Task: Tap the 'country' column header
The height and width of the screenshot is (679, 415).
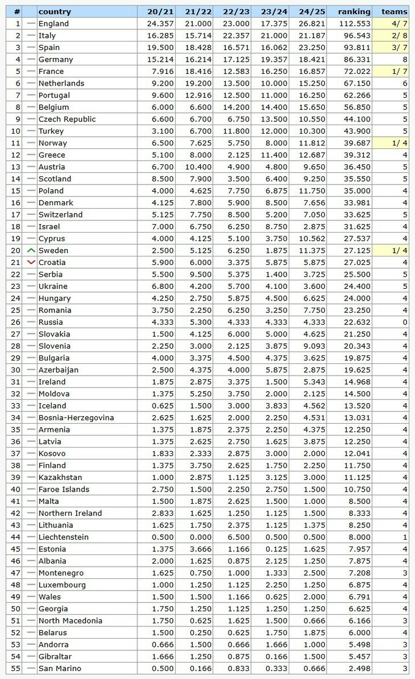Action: pyautogui.click(x=54, y=12)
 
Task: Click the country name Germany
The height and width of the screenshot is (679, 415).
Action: pyautogui.click(x=56, y=60)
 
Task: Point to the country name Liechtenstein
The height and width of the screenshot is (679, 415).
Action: pyautogui.click(x=63, y=537)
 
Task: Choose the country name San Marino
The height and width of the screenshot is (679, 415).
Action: pyautogui.click(x=59, y=669)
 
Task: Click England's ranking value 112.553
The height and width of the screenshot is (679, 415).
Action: pyautogui.click(x=355, y=24)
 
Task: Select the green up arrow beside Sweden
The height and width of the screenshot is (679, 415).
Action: pyautogui.click(x=31, y=251)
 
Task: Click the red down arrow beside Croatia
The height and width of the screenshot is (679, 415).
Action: pyautogui.click(x=31, y=263)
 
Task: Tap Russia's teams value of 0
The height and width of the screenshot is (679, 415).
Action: pyautogui.click(x=405, y=322)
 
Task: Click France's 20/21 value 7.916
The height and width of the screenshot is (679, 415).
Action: pyautogui.click(x=160, y=71)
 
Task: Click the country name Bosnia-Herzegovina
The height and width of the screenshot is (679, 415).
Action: pyautogui.click(x=76, y=418)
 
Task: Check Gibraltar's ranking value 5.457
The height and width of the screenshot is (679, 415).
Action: pyautogui.click(x=358, y=656)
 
